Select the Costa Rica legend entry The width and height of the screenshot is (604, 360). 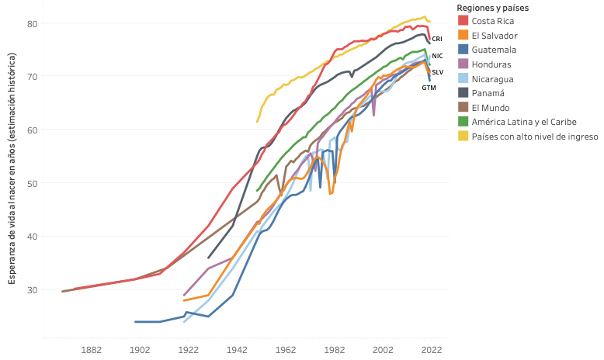pos(493,21)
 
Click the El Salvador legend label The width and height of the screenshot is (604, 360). pos(495,36)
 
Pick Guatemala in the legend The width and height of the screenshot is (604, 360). pos(493,50)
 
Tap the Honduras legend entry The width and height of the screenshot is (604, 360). pos(491,64)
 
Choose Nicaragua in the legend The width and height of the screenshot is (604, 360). pos(492,78)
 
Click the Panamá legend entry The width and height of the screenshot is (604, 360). pos(488,93)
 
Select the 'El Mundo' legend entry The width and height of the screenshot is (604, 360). pos(491,107)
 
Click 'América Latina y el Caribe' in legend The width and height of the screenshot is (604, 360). pos(523,122)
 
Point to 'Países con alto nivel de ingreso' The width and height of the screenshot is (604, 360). pos(534,136)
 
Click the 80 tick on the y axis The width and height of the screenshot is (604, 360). pos(33,23)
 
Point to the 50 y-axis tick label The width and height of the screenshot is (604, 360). pos(33,183)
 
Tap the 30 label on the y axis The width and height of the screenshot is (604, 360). pos(33,289)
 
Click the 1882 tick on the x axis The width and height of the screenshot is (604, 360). pos(92,350)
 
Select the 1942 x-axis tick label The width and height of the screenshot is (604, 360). pos(237,350)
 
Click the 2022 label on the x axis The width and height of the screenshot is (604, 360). pos(431,350)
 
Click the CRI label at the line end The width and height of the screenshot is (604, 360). pos(437,38)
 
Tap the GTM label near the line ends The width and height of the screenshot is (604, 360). pos(429,88)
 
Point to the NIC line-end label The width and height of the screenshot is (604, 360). pos(437,56)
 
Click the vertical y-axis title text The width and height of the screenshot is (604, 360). pos(12,168)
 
